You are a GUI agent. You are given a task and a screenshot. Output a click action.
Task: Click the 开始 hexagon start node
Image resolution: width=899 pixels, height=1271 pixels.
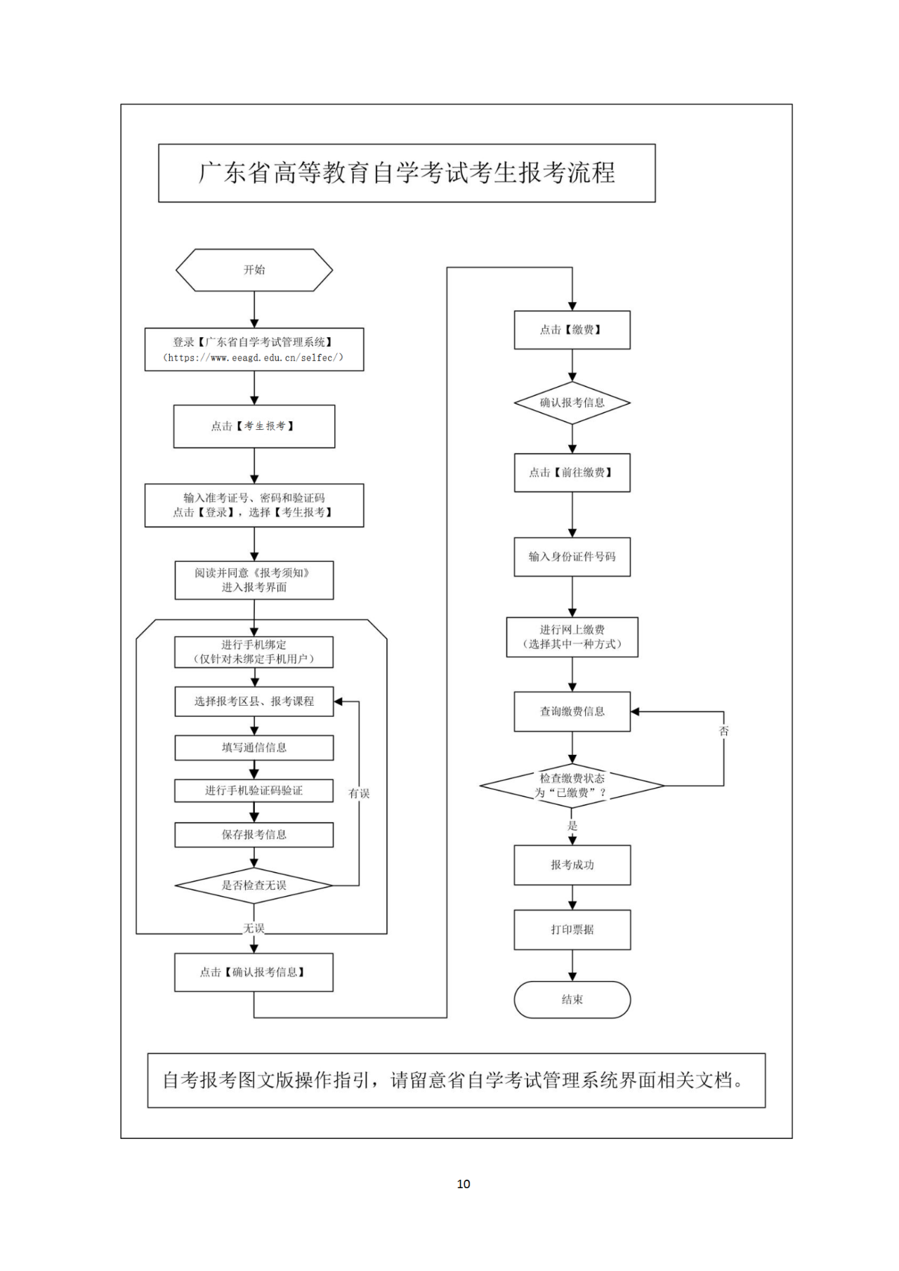click(254, 270)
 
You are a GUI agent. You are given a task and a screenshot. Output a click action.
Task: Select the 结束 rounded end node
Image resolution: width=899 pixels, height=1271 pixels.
click(572, 999)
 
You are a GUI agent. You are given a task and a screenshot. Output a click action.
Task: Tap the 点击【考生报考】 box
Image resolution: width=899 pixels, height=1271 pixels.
click(254, 426)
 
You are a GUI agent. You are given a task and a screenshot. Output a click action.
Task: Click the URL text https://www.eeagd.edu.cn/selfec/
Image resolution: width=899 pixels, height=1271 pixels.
click(254, 358)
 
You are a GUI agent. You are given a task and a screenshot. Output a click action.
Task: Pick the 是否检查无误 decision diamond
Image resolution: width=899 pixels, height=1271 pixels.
click(254, 885)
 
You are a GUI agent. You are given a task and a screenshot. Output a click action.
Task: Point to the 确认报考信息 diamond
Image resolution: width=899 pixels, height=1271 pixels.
click(572, 403)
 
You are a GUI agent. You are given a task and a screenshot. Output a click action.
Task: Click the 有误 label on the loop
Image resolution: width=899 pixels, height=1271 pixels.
click(359, 793)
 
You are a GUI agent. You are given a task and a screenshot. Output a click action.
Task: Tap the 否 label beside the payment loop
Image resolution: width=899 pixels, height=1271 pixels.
click(724, 731)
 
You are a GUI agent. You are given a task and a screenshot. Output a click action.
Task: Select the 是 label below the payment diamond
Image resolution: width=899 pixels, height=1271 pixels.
click(572, 826)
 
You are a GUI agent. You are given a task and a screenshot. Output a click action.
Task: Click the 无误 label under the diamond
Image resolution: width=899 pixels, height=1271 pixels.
click(254, 928)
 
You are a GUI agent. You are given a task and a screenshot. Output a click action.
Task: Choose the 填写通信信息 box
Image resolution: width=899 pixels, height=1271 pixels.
click(254, 748)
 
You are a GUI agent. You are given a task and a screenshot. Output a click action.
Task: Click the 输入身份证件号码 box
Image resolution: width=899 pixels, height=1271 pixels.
click(572, 557)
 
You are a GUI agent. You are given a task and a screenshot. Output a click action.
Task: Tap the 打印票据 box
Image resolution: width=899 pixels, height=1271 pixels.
click(572, 930)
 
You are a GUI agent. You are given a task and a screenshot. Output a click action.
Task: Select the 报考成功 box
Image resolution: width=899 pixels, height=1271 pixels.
click(572, 865)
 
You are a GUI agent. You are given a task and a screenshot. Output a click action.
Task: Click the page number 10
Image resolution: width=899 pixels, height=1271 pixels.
click(464, 1184)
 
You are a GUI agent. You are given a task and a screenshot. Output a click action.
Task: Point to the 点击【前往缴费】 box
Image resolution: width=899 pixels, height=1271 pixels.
click(572, 473)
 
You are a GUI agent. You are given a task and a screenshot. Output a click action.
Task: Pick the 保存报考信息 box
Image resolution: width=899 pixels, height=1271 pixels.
click(254, 835)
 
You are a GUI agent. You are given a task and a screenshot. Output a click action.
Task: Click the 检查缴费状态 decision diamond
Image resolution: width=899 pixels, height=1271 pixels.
click(572, 786)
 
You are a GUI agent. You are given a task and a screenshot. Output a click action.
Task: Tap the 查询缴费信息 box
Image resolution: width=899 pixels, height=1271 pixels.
click(572, 712)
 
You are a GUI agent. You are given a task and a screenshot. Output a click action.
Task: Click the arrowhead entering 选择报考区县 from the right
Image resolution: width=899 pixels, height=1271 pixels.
click(339, 702)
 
